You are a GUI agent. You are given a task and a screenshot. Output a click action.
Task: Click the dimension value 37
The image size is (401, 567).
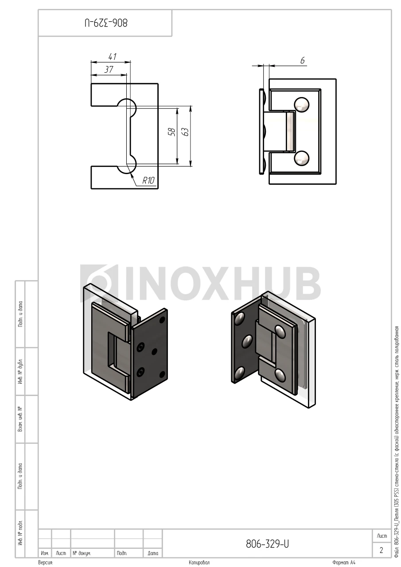[109, 70]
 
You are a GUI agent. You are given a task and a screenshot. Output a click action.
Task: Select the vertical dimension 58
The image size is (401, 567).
[172, 132]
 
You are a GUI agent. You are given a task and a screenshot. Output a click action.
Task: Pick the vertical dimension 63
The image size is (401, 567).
[186, 132]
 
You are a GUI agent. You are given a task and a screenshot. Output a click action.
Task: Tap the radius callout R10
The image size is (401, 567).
[148, 180]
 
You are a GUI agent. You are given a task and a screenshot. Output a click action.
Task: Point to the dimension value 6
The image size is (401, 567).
[303, 61]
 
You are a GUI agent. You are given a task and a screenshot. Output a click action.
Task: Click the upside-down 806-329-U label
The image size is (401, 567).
[106, 23]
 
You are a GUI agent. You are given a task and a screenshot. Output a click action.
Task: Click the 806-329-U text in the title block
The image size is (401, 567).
[267, 544]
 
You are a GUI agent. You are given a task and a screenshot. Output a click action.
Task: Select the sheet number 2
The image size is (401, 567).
[382, 550]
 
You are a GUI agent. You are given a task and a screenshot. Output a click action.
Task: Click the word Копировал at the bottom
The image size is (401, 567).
[199, 563]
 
